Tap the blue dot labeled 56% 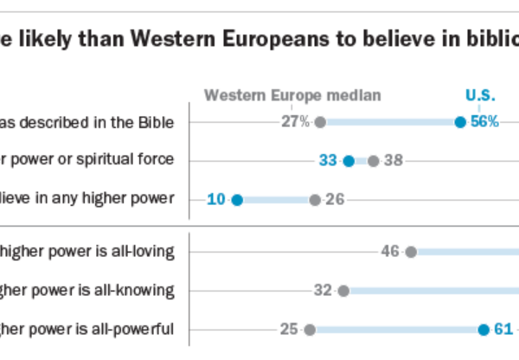click(x=460, y=122)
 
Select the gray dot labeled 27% click(x=320, y=122)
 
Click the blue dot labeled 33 click(x=349, y=160)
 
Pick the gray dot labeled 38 click(x=373, y=160)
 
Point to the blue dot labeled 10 click(x=237, y=200)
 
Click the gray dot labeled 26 click(x=315, y=200)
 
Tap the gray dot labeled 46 click(x=411, y=252)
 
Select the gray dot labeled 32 click(x=343, y=290)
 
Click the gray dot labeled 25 click(x=310, y=329)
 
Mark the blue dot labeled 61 click(x=484, y=329)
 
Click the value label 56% click(x=484, y=122)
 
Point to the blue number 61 click(x=504, y=329)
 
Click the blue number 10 click(x=216, y=200)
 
